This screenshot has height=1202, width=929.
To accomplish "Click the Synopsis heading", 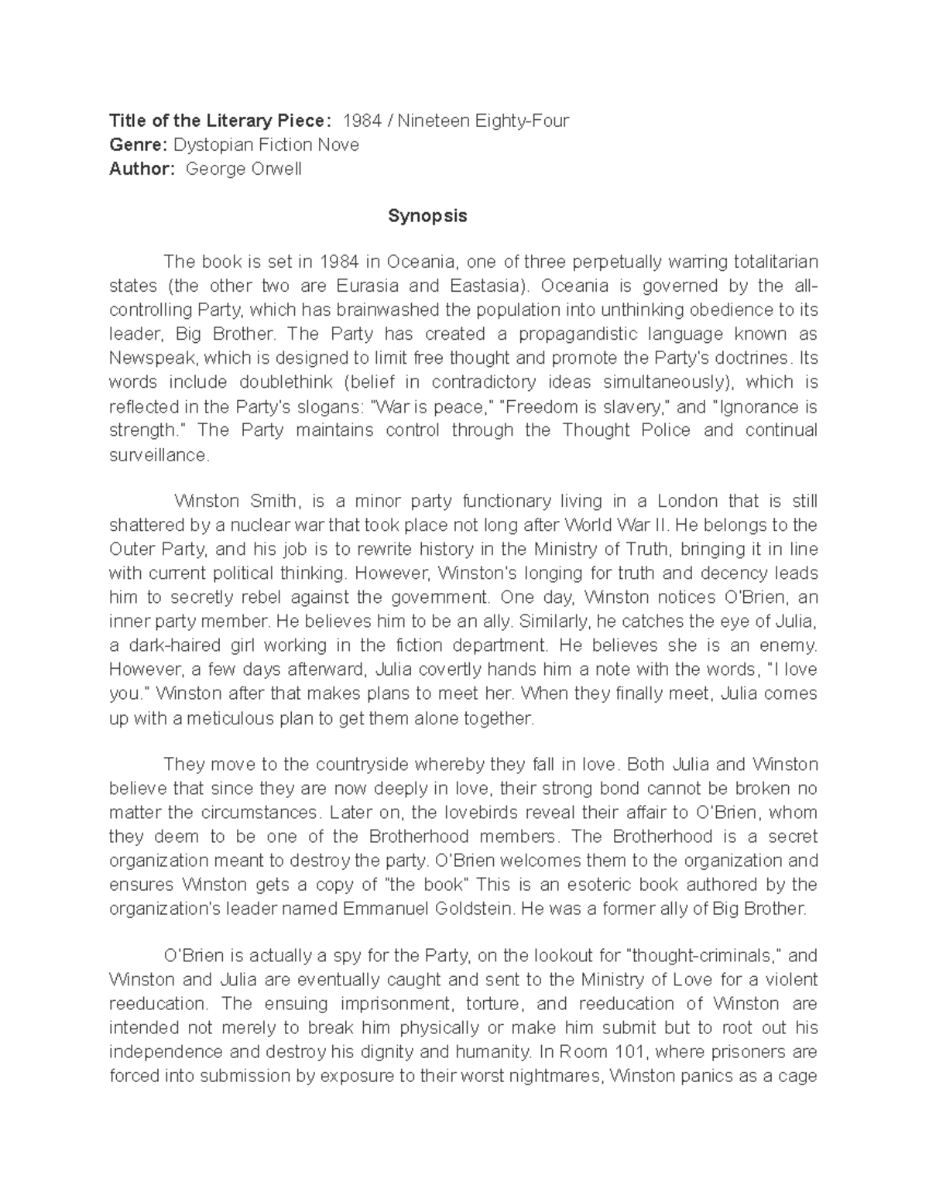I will [x=427, y=216].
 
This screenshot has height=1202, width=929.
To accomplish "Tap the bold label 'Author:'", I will [x=142, y=169].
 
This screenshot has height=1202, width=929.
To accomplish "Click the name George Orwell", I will [x=244, y=169].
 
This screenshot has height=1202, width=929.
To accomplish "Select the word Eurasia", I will [x=368, y=286].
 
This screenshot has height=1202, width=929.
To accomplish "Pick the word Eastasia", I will [x=482, y=286].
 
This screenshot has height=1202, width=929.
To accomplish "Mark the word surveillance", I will [x=159, y=455].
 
